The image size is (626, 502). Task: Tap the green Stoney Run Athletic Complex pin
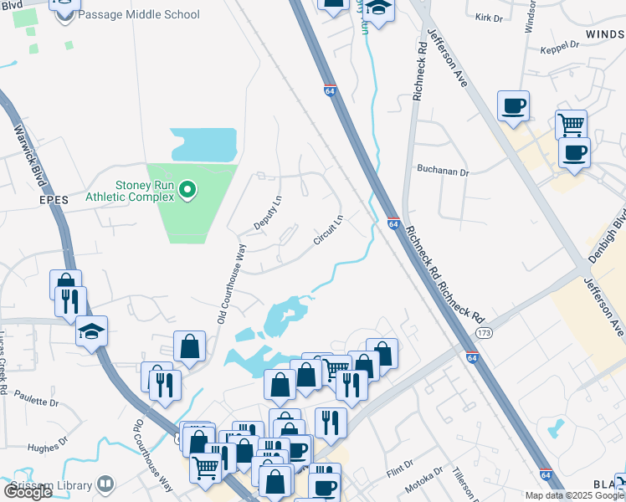188,191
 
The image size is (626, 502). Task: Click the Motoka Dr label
423,481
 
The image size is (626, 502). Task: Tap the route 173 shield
483,333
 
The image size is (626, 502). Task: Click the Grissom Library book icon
105,484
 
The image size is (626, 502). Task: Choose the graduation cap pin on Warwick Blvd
91,331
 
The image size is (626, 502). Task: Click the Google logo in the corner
28,491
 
